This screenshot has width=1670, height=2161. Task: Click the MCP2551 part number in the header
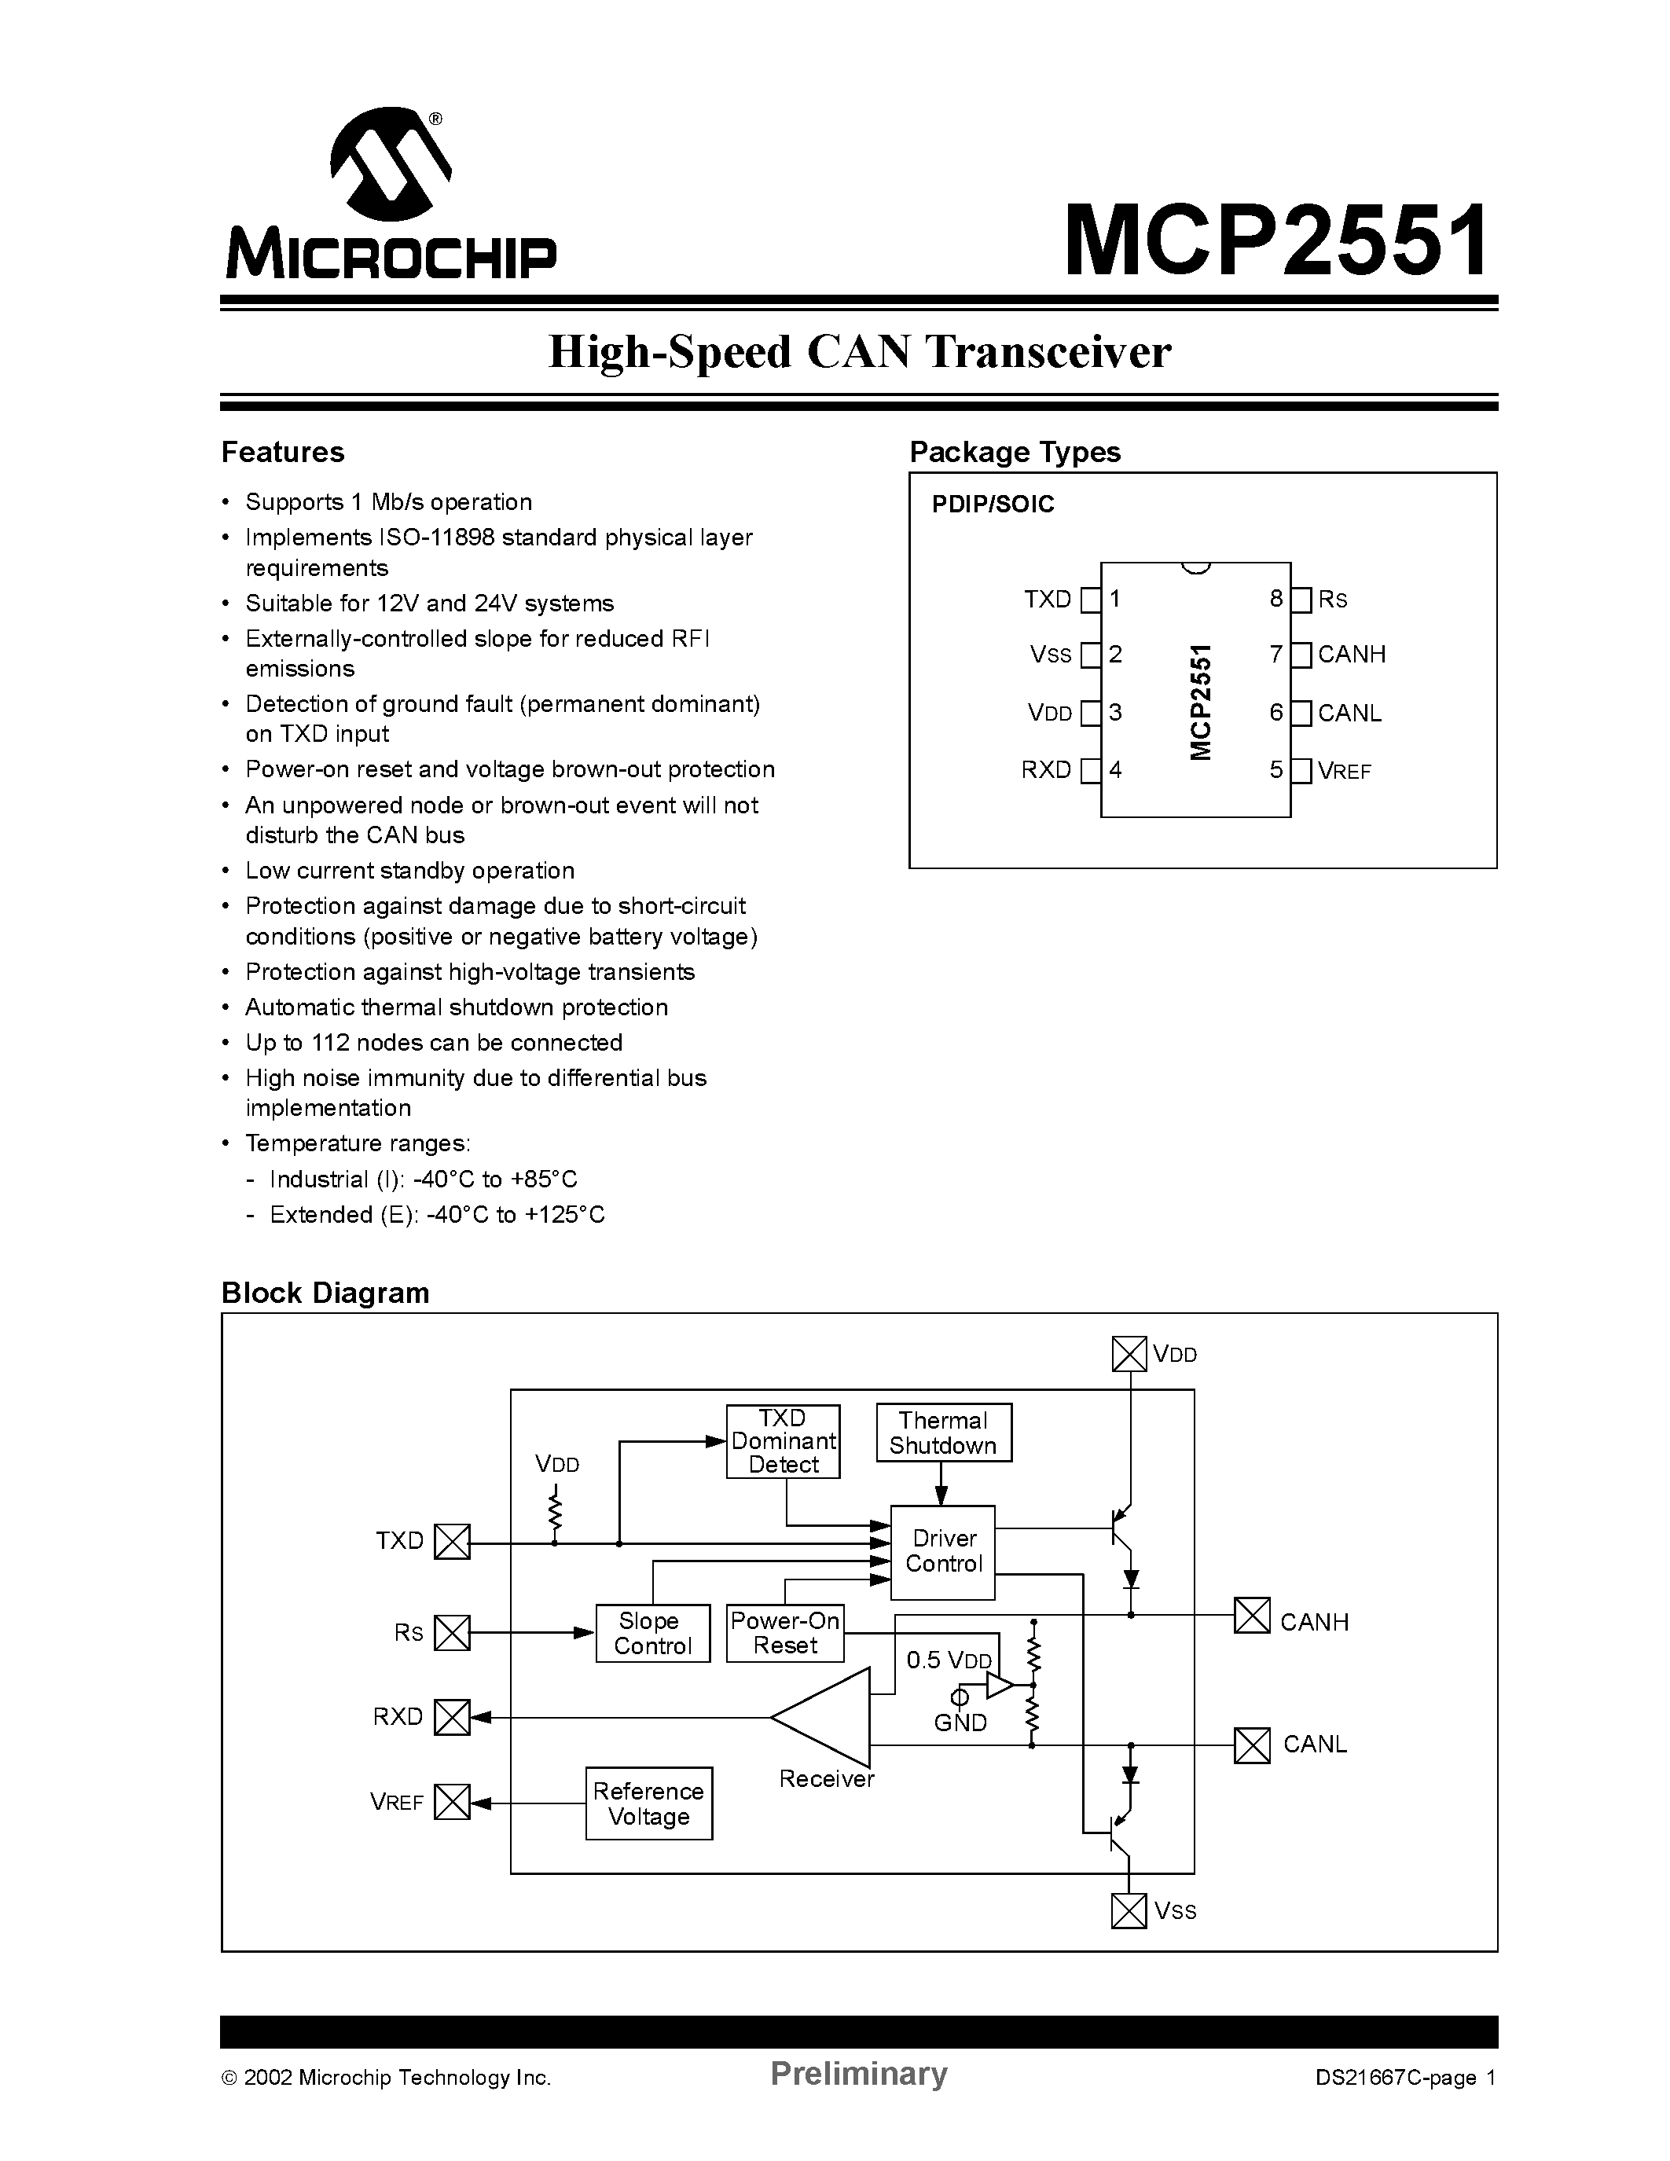1276,240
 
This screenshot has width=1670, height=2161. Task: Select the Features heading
283,452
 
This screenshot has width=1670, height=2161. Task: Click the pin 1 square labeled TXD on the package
1090,600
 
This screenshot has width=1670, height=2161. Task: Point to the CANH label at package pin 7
1352,654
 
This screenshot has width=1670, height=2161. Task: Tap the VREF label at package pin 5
1345,771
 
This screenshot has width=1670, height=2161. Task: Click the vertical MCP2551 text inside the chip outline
1200,702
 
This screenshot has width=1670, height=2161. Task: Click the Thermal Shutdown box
943,1433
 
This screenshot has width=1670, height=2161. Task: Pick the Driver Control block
943,1551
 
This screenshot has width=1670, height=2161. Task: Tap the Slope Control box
652,1634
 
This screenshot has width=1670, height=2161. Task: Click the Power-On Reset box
784,1633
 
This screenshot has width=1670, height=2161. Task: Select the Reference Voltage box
648,1803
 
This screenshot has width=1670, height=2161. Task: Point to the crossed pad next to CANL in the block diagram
1251,1745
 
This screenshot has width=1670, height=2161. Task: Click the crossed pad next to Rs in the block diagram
452,1633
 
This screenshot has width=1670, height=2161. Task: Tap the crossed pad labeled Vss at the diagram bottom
1129,1910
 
